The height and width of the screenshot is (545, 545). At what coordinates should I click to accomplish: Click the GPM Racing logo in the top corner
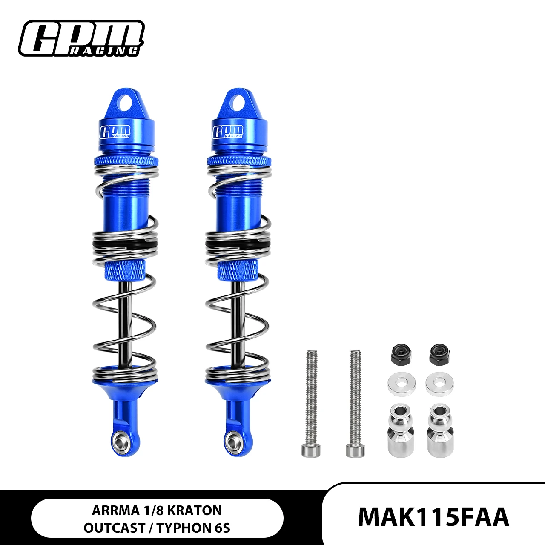click(81, 38)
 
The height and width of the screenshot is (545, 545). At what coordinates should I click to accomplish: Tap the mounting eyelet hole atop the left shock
click(126, 102)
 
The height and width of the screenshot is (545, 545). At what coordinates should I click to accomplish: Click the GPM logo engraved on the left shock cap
click(115, 132)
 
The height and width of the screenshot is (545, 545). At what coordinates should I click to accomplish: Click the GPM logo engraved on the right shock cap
click(228, 132)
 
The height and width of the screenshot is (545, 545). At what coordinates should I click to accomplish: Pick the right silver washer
click(439, 384)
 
